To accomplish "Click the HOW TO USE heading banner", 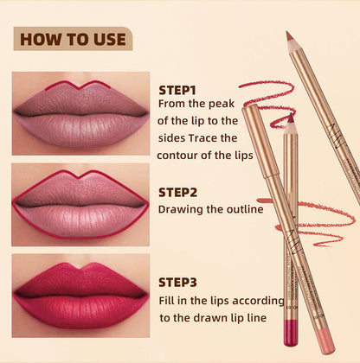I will pos(73,39).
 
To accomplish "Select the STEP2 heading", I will pos(179,192).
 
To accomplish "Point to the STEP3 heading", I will pos(179,282).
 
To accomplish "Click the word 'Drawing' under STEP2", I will pos(181,208).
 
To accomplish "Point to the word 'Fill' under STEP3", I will pos(168,300).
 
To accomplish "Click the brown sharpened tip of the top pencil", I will pos(289,37).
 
